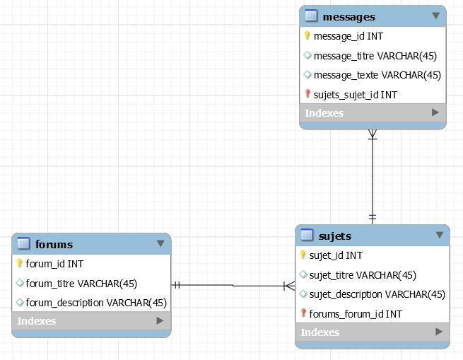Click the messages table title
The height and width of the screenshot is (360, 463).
(348, 16)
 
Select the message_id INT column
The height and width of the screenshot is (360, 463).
(348, 36)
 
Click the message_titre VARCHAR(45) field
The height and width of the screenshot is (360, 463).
(377, 55)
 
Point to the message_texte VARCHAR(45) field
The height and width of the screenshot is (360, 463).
(377, 75)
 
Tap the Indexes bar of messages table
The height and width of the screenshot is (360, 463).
(373, 112)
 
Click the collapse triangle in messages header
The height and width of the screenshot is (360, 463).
(435, 16)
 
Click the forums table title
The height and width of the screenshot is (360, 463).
(54, 245)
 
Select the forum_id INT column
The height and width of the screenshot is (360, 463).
(54, 264)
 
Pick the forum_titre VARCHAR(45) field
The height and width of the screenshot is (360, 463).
(81, 284)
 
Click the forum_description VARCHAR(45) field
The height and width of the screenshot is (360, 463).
(96, 303)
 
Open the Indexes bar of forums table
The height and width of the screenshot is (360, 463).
(91, 321)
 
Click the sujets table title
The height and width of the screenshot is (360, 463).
(335, 236)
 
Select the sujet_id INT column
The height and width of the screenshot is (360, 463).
(336, 255)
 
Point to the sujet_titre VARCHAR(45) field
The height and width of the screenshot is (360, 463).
(363, 274)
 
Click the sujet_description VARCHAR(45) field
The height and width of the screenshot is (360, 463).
(377, 294)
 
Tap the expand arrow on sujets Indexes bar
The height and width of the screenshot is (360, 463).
(439, 332)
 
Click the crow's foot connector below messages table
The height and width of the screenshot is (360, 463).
(373, 135)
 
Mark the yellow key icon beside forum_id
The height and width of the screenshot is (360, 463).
(20, 264)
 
